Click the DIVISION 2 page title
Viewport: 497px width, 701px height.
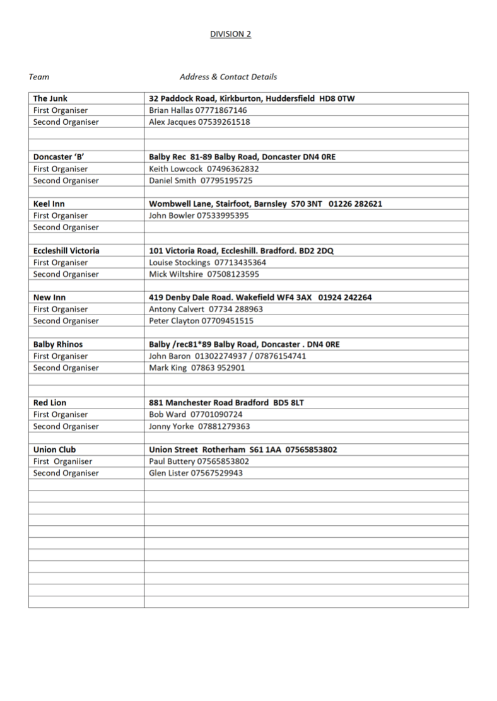(x=230, y=34)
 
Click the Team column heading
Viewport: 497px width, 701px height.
(x=38, y=77)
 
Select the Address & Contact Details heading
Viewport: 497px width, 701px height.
(x=228, y=77)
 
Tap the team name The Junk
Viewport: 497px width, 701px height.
(x=50, y=98)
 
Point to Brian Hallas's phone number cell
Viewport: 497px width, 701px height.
(x=197, y=110)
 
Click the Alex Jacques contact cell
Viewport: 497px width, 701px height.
(x=199, y=122)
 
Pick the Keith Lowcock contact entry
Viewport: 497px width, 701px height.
(x=204, y=169)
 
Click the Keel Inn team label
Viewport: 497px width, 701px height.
(x=49, y=204)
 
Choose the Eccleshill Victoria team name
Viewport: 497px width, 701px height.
(x=66, y=250)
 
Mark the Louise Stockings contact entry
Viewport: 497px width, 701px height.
(x=208, y=262)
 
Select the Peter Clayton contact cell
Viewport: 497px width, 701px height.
(x=201, y=321)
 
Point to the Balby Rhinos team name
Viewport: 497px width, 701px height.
(x=57, y=344)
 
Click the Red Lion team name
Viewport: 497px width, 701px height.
(x=49, y=402)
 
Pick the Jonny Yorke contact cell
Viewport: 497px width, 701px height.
(x=199, y=426)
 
